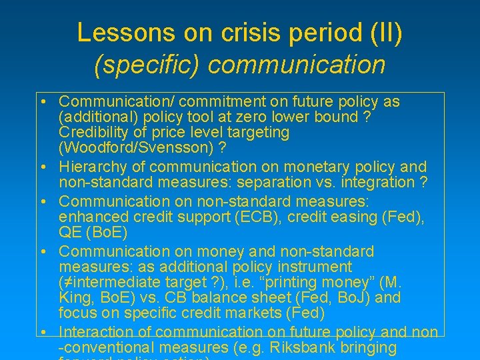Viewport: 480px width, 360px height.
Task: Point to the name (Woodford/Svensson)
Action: point(141,147)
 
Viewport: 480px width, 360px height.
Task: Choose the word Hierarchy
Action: point(93,167)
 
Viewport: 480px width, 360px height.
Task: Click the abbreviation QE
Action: point(69,233)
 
